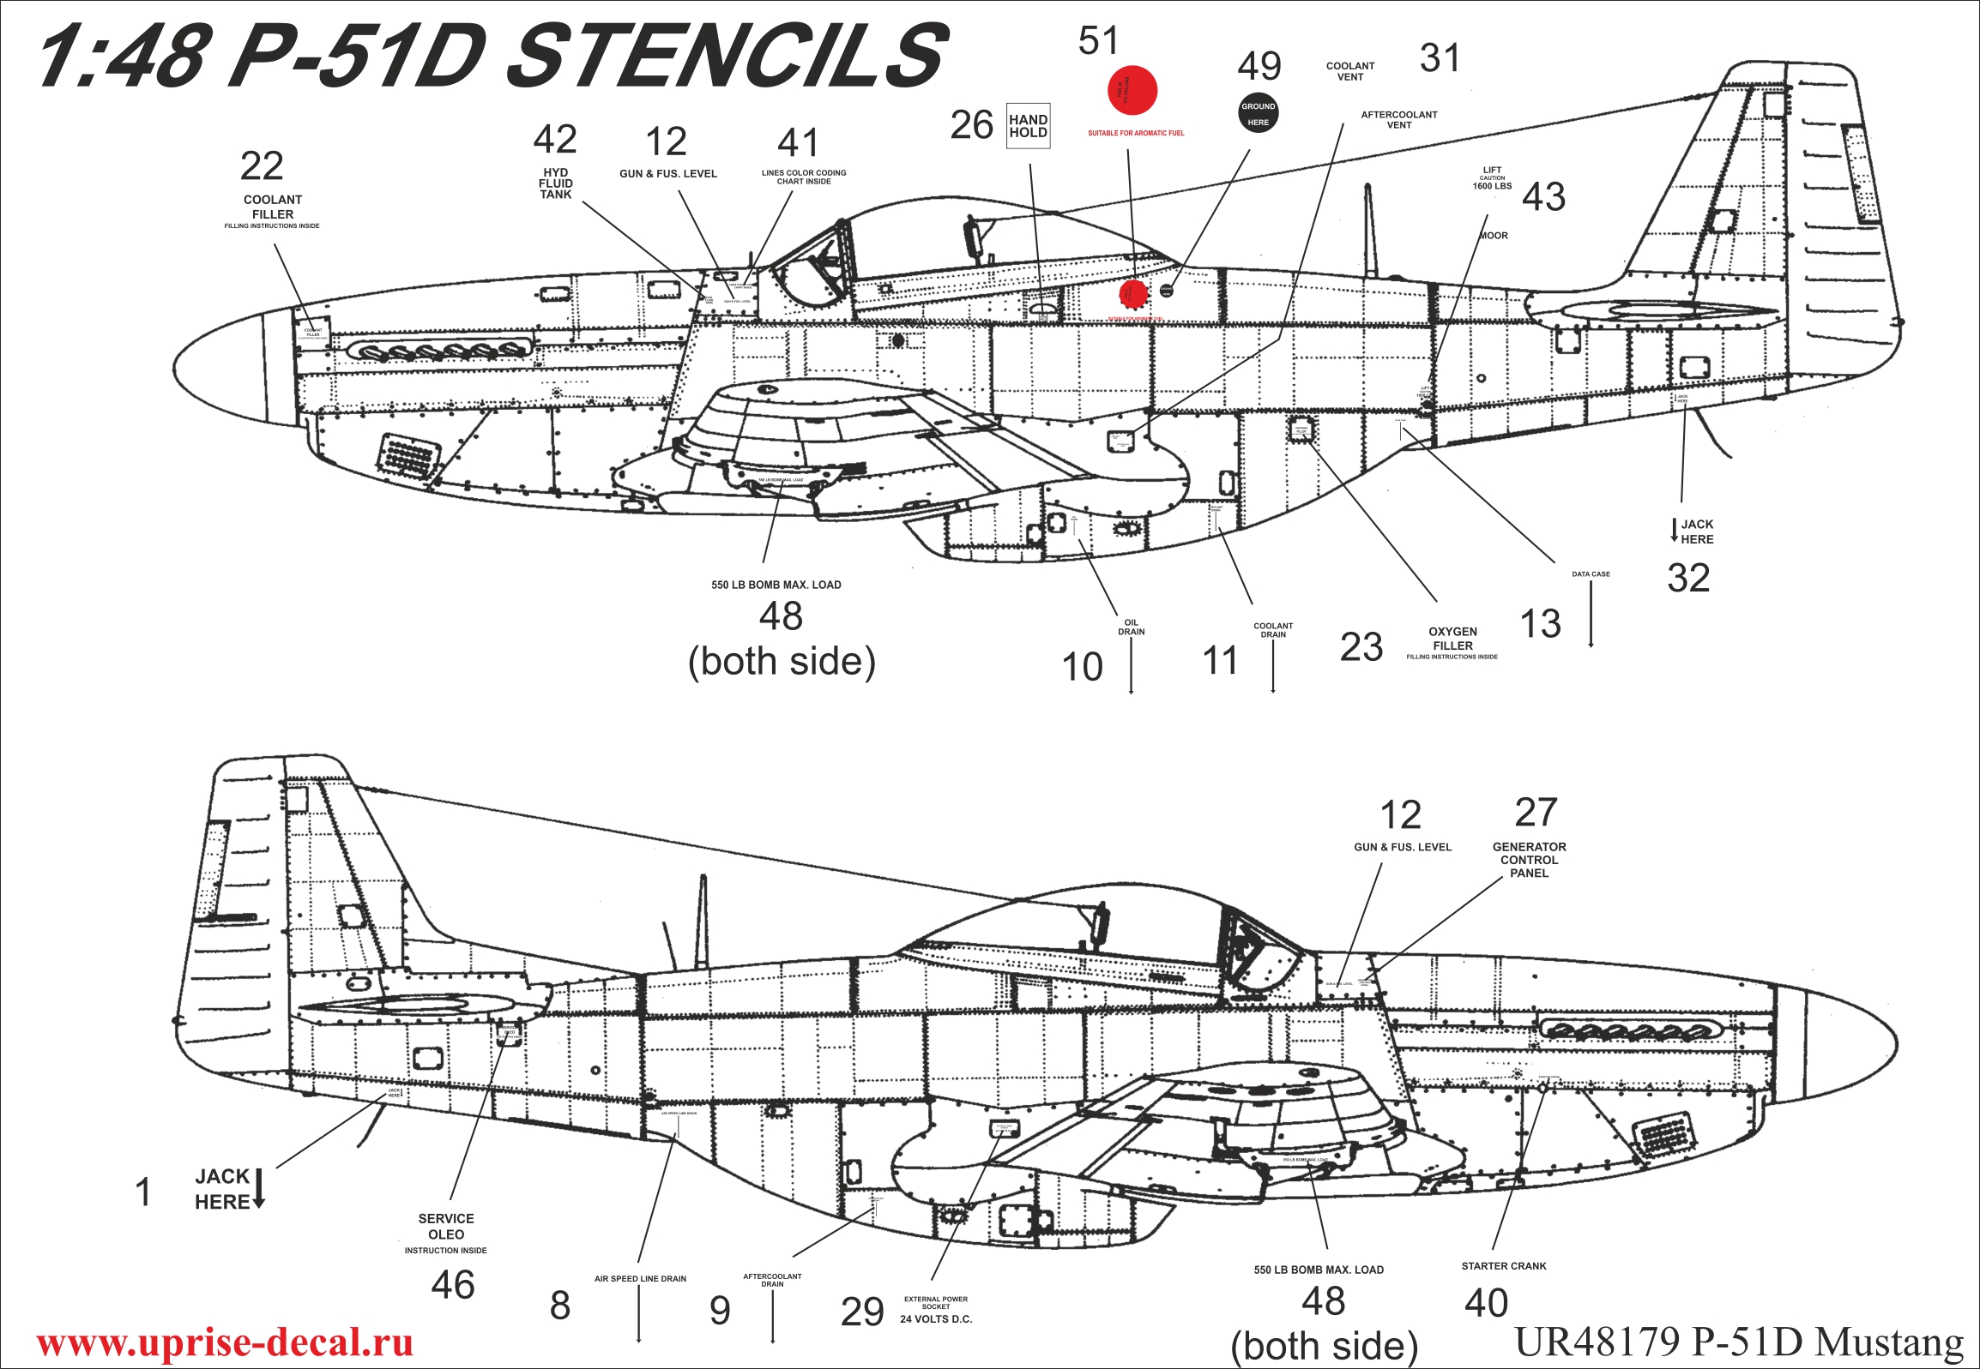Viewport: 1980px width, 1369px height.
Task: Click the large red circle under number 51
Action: click(x=1132, y=90)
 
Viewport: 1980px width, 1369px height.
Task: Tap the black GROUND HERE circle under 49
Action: click(x=1258, y=112)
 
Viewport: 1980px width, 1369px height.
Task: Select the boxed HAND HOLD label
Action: click(x=1028, y=126)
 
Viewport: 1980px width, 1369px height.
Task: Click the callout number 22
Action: click(x=262, y=165)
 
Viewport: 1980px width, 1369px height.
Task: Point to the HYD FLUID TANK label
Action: click(x=555, y=183)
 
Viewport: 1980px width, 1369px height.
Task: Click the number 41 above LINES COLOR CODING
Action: click(x=798, y=143)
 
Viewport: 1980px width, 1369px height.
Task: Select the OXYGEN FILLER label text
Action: click(x=1452, y=638)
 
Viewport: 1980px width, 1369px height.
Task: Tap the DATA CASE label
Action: click(x=1591, y=573)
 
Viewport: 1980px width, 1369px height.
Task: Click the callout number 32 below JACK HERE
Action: click(x=1688, y=578)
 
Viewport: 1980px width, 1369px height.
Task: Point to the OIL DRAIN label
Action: click(x=1131, y=627)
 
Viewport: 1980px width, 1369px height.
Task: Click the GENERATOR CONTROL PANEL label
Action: click(x=1529, y=860)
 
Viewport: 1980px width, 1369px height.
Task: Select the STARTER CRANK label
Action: click(x=1503, y=1266)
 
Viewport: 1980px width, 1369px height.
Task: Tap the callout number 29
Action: click(x=861, y=1312)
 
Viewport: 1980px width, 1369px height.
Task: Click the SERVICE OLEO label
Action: click(x=445, y=1227)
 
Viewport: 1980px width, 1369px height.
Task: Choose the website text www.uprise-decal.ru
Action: click(x=225, y=1342)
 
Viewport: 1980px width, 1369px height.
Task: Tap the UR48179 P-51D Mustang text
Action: click(x=1739, y=1340)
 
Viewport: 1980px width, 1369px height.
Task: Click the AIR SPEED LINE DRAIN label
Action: click(x=639, y=1279)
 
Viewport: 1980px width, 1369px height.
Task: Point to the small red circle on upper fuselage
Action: click(x=1133, y=293)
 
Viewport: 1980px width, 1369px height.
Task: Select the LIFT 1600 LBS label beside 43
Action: click(x=1492, y=178)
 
